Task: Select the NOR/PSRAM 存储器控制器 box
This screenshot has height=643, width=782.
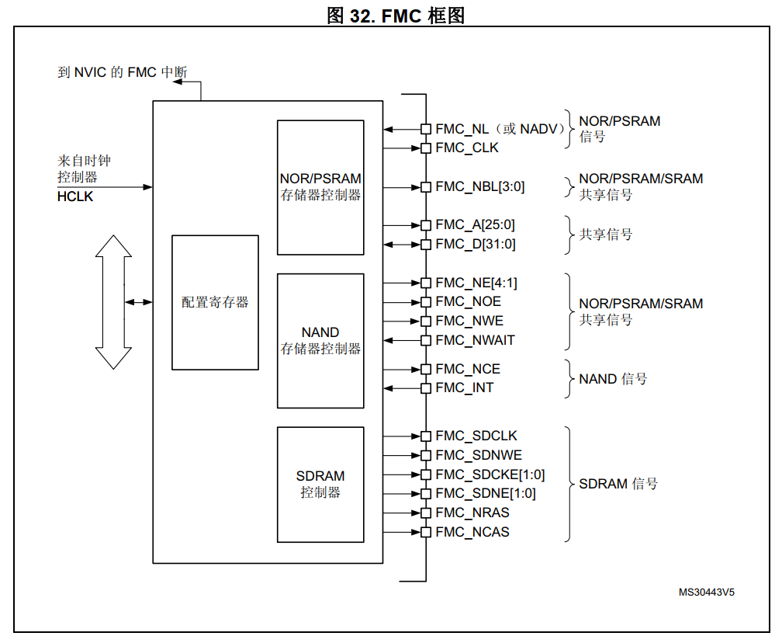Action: point(320,187)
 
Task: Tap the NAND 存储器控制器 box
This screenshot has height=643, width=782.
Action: point(320,341)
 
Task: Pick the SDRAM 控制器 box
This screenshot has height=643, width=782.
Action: point(320,484)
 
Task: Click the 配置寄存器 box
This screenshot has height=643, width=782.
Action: point(215,302)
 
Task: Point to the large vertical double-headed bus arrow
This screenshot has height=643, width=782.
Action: point(113,302)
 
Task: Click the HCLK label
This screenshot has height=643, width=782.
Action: point(75,197)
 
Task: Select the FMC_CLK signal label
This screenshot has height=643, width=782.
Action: point(467,148)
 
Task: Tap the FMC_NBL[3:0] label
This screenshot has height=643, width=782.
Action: point(480,186)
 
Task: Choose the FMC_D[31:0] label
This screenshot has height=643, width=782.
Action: point(476,245)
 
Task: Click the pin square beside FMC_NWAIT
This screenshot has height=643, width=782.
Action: point(425,340)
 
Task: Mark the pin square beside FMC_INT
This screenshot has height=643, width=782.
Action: point(425,388)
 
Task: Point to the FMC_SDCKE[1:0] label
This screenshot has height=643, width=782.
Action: point(490,474)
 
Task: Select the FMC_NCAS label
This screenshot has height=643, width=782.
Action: point(472,532)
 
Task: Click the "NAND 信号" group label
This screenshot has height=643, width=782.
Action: point(613,379)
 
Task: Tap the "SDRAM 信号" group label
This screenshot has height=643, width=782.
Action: point(618,484)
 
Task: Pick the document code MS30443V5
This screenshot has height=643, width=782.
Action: point(706,592)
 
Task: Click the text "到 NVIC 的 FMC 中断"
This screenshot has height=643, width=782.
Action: point(123,73)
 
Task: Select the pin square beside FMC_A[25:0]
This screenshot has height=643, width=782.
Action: point(425,225)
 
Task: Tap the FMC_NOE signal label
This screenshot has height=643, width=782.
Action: point(469,301)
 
